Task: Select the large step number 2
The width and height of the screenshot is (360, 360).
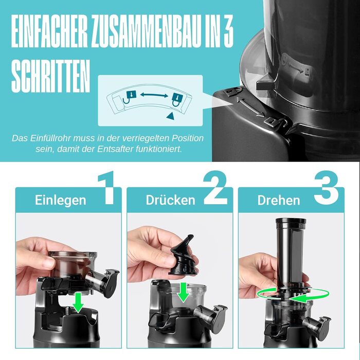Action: [215, 188]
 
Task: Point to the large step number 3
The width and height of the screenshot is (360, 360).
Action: [326, 188]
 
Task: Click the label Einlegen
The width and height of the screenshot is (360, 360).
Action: [61, 200]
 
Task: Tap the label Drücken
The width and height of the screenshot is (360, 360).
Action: [171, 200]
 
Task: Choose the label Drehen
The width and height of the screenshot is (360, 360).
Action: [279, 200]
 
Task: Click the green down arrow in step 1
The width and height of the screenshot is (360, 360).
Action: [78, 302]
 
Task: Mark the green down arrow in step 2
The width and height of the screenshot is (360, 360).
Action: [184, 292]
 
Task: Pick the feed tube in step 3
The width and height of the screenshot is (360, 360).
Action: [291, 253]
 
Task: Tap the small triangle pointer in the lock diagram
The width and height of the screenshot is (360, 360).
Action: [170, 116]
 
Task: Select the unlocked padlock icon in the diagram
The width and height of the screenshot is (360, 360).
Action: [130, 97]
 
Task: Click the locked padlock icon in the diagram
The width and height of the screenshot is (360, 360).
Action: [177, 100]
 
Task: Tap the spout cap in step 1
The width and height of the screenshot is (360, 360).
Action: [110, 283]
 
